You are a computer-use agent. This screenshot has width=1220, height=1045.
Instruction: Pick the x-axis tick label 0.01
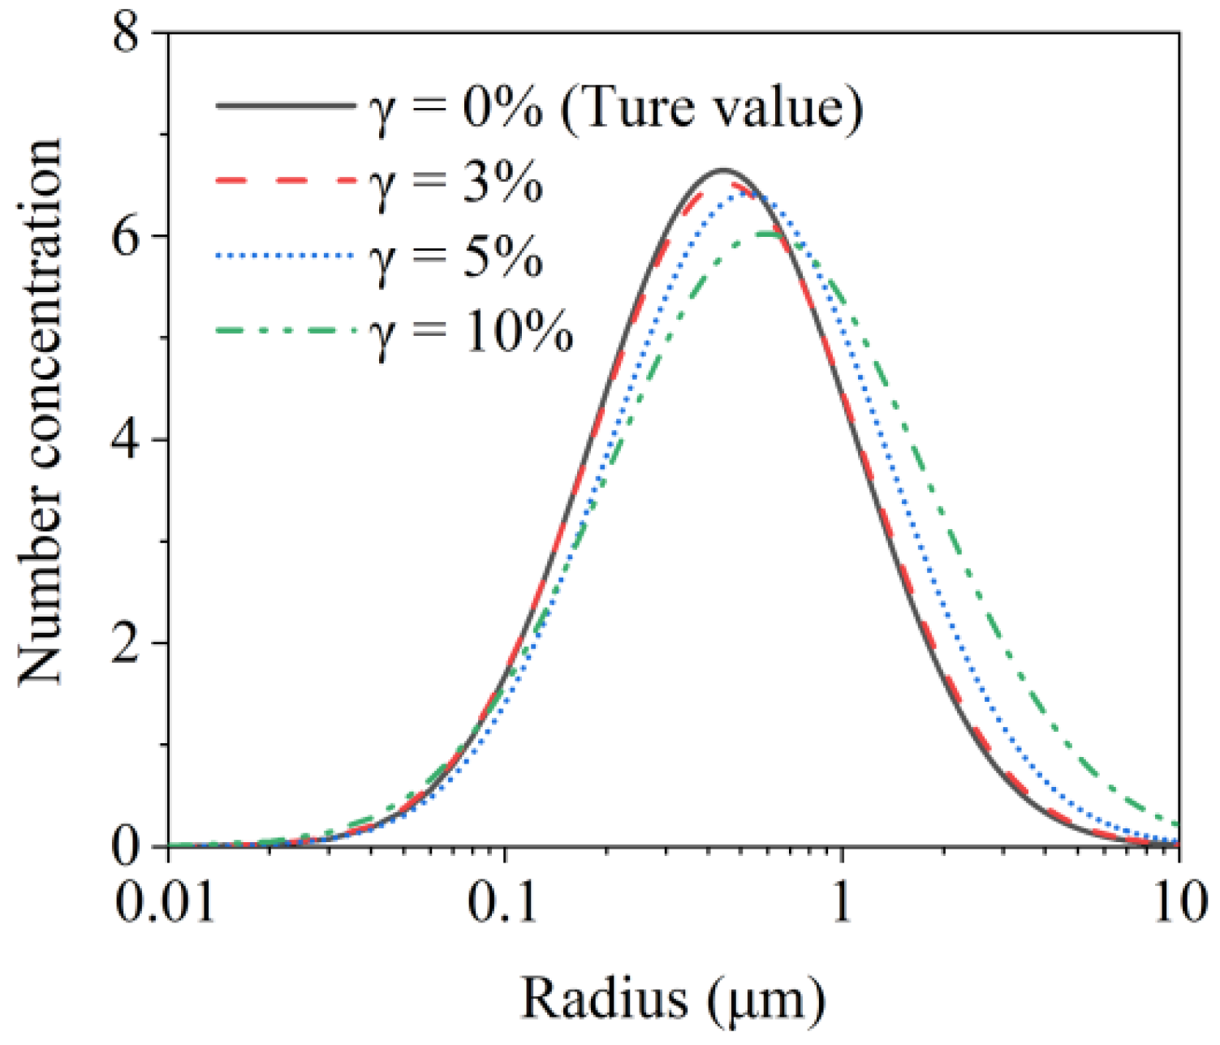click(x=166, y=902)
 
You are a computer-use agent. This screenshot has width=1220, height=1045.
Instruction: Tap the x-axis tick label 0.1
click(x=504, y=902)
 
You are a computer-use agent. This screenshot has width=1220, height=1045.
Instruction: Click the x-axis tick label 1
click(x=842, y=902)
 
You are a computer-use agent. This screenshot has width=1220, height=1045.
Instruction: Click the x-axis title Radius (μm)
click(x=673, y=998)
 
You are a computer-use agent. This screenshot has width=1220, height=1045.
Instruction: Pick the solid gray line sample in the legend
click(x=284, y=105)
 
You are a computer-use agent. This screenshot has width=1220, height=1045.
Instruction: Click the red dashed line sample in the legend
click(x=284, y=180)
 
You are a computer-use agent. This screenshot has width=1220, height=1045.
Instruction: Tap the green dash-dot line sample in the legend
click(x=284, y=329)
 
